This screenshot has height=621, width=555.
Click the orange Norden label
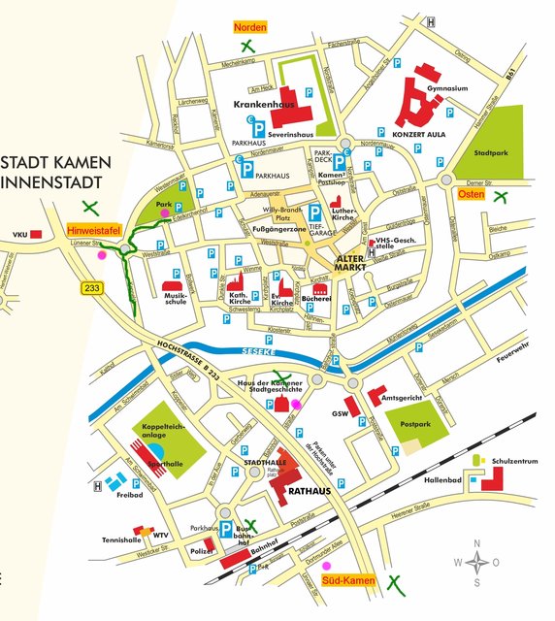(x=249, y=27)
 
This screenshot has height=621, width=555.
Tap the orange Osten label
(x=471, y=194)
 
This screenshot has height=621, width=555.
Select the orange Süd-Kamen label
(x=347, y=580)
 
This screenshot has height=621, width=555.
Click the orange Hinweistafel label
(x=93, y=231)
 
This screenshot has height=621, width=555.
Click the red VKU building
(x=35, y=234)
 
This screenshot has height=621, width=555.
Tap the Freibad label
(x=128, y=495)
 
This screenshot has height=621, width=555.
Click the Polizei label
(x=201, y=550)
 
